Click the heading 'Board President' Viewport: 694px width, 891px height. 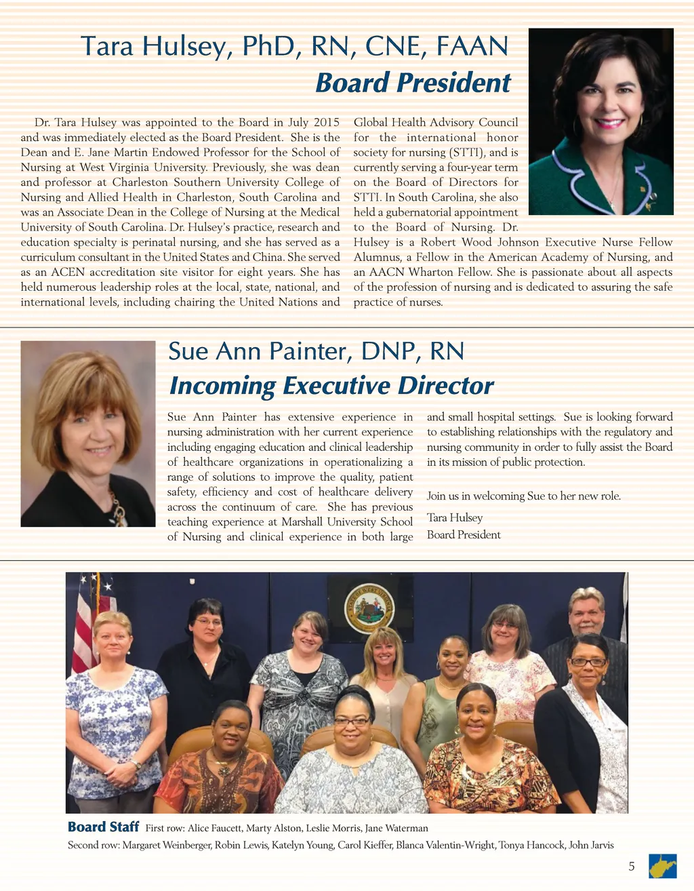413,83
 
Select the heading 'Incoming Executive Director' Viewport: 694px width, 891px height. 331,385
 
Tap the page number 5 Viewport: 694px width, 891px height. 632,866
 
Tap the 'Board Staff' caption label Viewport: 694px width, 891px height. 103,827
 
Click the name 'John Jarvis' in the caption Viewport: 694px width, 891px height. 591,845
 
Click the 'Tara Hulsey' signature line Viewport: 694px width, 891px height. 455,517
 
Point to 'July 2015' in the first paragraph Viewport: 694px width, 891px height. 314,122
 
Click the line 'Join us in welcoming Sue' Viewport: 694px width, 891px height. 523,496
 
